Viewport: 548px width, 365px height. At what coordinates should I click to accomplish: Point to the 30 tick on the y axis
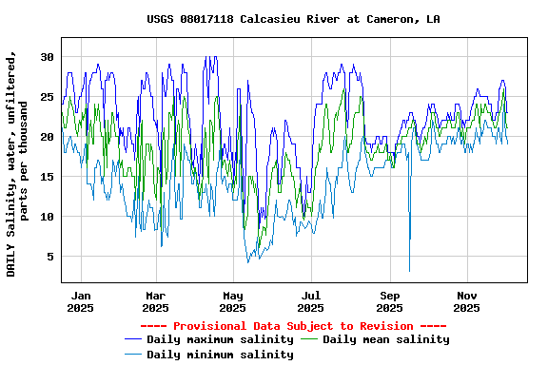[x=47, y=57]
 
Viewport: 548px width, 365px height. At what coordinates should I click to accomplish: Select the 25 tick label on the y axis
[x=47, y=97]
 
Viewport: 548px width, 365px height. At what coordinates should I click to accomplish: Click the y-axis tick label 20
[x=47, y=137]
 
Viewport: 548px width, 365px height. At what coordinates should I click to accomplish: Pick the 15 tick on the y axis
[x=47, y=177]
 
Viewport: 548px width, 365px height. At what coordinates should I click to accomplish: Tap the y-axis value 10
[x=47, y=217]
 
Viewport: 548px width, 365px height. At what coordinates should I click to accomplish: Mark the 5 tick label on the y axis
[x=49, y=257]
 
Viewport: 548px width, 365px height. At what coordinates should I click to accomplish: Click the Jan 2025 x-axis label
[x=81, y=301]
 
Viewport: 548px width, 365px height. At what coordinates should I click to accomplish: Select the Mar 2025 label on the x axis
[x=155, y=301]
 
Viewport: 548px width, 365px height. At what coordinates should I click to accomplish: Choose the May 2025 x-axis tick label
[x=233, y=301]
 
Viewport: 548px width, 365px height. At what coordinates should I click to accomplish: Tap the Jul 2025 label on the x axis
[x=311, y=301]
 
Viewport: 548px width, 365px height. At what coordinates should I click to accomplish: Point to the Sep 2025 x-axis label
[x=389, y=301]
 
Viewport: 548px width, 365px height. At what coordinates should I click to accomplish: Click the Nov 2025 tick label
[x=467, y=301]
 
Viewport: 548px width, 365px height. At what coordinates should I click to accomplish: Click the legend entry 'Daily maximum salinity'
[x=220, y=339]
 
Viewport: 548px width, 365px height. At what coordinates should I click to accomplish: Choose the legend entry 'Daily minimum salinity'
[x=220, y=355]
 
